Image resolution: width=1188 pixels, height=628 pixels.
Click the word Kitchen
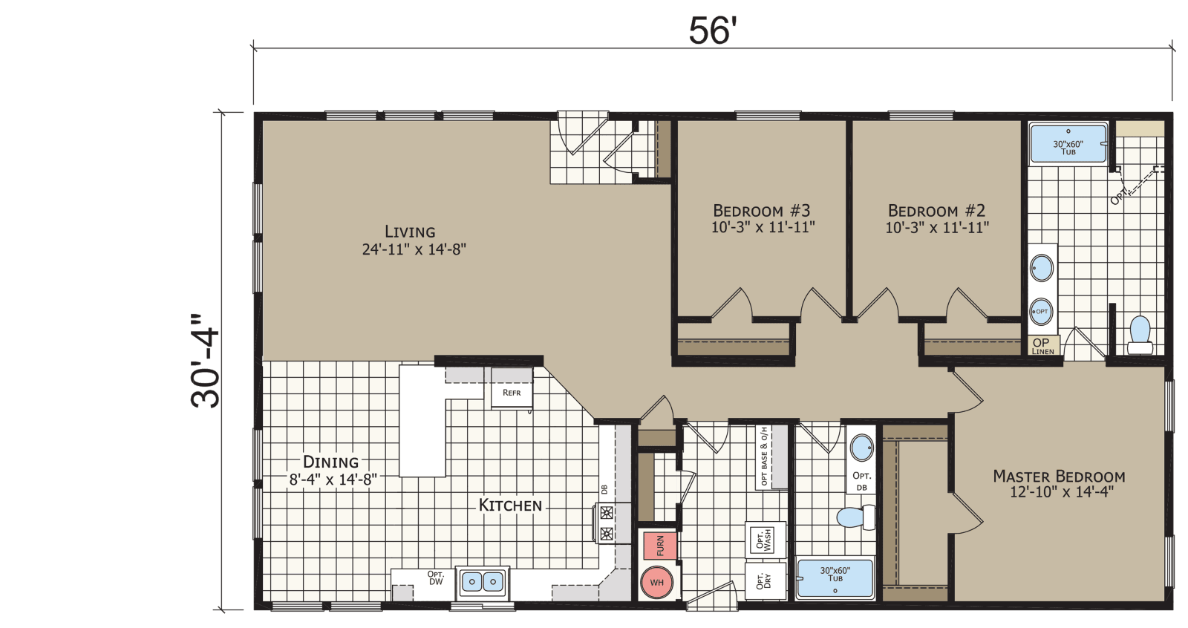510,506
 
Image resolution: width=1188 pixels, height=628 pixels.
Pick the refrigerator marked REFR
512,392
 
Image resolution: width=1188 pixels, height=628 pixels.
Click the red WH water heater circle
656,583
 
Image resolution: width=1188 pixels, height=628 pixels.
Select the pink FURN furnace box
659,546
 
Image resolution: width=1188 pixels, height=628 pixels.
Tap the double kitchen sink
482,582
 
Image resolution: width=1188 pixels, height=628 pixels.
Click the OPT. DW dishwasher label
436,578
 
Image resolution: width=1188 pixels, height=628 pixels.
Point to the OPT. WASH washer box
765,540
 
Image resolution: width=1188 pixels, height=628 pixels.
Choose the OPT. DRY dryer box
765,581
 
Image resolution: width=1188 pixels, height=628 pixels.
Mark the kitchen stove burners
607,523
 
